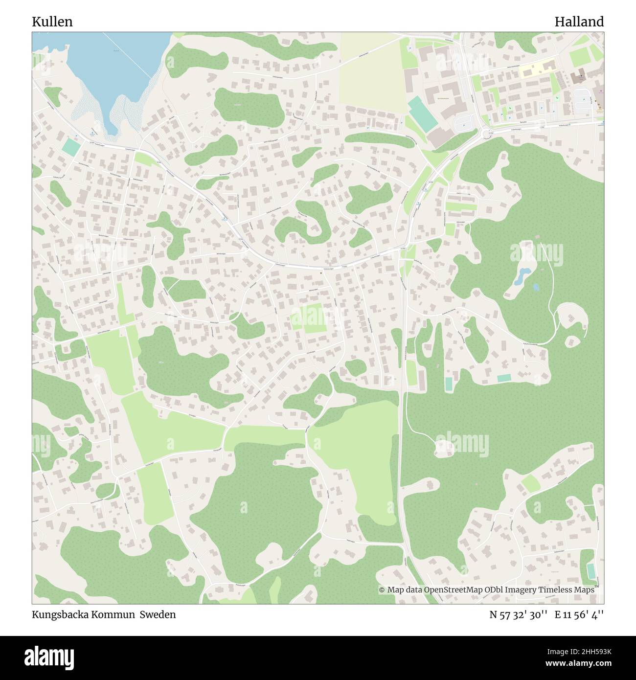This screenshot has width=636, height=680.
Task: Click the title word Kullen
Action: (x=52, y=22)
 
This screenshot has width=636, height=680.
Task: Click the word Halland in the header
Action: (x=579, y=22)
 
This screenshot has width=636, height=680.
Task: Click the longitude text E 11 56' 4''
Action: (x=579, y=614)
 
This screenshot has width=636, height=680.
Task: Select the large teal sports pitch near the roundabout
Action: (x=420, y=114)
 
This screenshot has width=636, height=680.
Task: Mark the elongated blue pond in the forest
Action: (x=520, y=276)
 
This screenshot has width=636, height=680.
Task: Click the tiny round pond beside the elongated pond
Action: (x=536, y=287)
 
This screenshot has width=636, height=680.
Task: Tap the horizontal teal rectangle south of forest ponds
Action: (x=503, y=378)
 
